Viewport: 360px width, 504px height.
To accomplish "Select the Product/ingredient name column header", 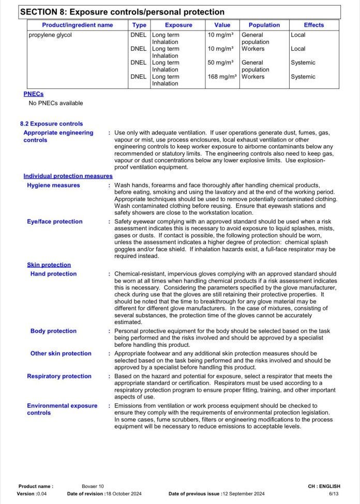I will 78,25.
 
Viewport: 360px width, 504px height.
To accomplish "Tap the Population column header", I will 264,25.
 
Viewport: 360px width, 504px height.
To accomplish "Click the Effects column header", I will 313,25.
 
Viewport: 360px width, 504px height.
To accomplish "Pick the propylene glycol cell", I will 50,35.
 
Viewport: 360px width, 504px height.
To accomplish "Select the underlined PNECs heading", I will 34,94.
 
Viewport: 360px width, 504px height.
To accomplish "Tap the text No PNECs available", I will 56,103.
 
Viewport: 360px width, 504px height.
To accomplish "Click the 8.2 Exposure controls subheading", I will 51,124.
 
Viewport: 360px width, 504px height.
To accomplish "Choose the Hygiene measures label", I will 53,186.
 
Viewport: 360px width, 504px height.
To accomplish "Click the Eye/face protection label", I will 55,222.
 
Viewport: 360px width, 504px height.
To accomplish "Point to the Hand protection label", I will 53,274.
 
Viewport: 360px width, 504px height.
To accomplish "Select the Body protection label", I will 53,331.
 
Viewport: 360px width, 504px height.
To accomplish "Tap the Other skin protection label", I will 61,354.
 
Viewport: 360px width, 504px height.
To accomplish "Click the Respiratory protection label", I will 59,376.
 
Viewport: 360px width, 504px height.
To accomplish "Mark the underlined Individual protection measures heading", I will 68,176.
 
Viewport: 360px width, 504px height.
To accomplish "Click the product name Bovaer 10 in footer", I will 93,486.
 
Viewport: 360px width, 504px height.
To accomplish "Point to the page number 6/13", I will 334,494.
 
